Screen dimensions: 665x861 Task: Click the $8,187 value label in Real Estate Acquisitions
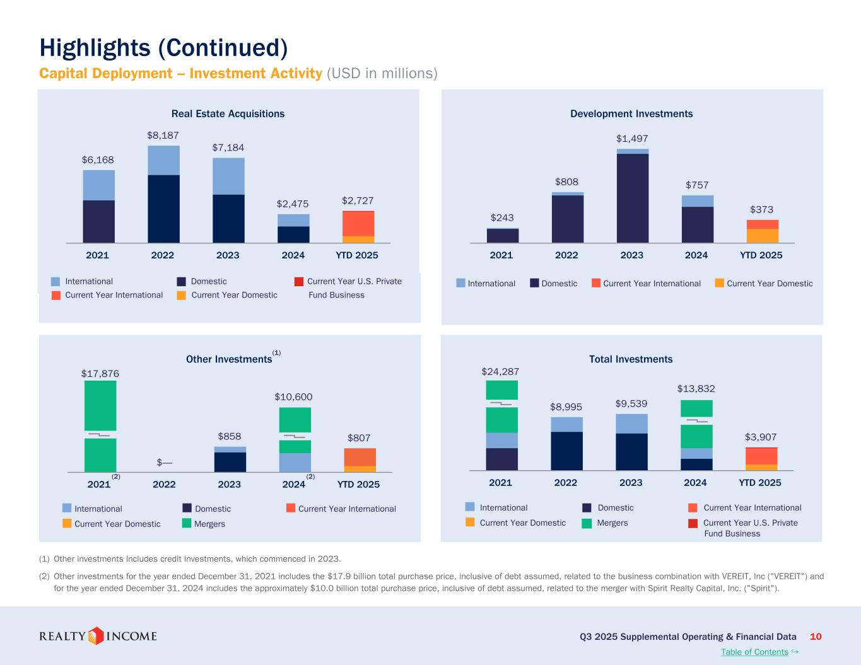pos(163,136)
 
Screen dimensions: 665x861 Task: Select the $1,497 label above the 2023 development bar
pos(632,139)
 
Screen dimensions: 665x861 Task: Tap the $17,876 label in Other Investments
pos(100,374)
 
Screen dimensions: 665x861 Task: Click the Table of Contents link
pos(754,652)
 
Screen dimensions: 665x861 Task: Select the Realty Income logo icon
pos(95,636)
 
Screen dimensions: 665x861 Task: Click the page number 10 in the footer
pos(816,637)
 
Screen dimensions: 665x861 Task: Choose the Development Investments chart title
pos(631,114)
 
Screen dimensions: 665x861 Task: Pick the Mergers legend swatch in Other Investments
pos(187,524)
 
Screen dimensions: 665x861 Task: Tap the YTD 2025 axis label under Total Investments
pos(760,483)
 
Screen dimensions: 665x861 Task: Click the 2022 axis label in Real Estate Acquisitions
pos(163,255)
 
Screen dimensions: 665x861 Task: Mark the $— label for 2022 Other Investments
pos(165,462)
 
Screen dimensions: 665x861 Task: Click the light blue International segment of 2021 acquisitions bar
pos(99,185)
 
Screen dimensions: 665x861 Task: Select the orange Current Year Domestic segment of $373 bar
pos(763,236)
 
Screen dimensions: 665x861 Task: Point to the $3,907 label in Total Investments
pos(761,437)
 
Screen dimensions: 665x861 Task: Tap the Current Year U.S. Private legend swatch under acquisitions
pos(299,281)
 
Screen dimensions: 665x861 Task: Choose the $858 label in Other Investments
pos(230,436)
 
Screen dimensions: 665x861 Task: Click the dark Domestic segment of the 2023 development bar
pos(633,198)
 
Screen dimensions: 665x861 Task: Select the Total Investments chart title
pos(631,359)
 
